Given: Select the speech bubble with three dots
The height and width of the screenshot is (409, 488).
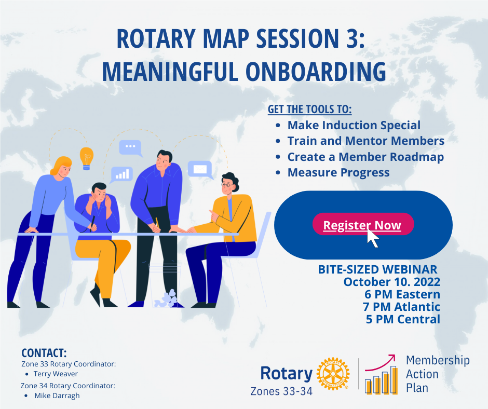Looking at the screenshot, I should (x=130, y=148).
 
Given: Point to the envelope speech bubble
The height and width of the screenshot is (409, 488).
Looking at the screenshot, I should (x=200, y=169).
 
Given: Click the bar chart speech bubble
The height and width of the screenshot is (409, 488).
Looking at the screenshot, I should (x=122, y=174).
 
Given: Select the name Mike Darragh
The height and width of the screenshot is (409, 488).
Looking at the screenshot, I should (x=57, y=396).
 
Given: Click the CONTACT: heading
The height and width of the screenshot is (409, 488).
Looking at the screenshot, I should (x=44, y=353).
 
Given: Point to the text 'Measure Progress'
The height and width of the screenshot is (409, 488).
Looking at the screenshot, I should (x=338, y=172).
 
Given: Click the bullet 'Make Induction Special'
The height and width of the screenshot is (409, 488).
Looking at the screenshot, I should (x=354, y=125).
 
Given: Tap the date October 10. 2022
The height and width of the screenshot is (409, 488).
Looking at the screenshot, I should (x=391, y=282).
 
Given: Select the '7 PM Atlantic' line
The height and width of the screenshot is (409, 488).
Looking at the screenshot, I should (x=401, y=307).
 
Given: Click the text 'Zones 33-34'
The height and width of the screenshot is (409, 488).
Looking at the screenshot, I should (x=281, y=391).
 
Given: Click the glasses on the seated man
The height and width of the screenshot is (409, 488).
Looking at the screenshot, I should (x=227, y=184).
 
